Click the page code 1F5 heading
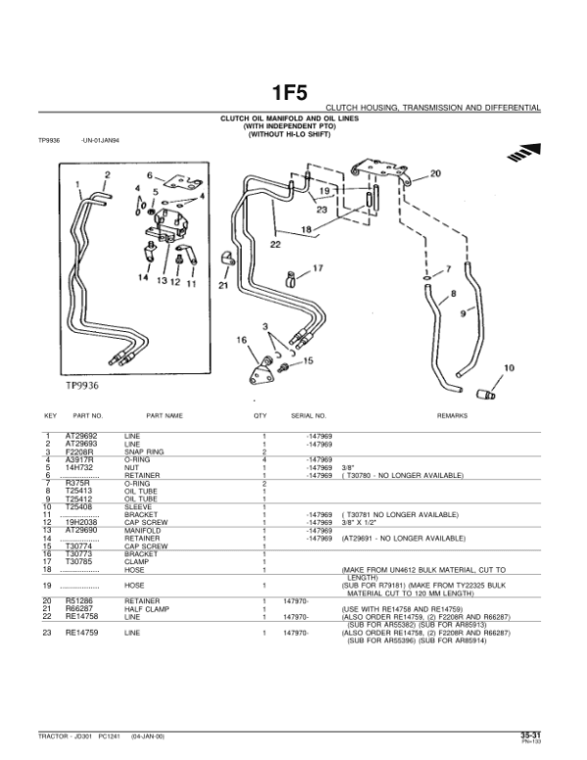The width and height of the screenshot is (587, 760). point(293,93)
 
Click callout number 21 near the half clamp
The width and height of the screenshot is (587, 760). point(222,286)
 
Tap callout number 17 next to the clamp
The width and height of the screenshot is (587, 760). point(316,267)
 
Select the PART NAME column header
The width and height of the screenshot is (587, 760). point(165,415)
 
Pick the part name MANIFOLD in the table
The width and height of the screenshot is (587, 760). point(142,530)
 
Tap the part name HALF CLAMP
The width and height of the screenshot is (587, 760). point(147,608)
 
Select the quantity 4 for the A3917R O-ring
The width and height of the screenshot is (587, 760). point(263,458)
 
